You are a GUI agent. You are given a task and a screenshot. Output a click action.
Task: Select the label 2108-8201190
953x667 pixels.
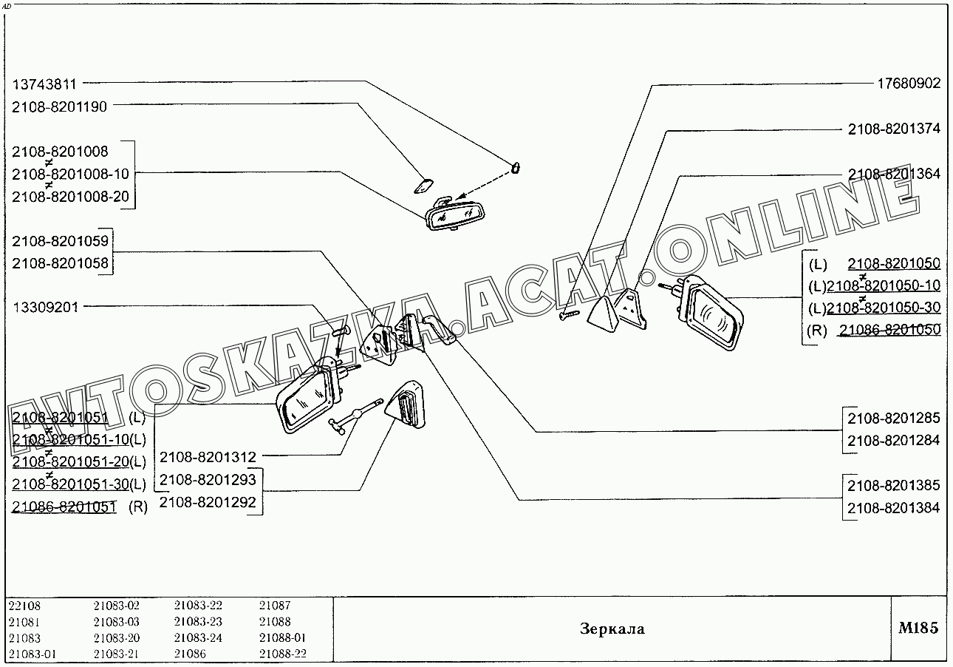[x=59, y=106]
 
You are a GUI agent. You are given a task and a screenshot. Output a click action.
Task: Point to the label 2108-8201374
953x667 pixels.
[x=894, y=129]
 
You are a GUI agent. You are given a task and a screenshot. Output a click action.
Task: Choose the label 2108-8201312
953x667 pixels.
[x=208, y=457]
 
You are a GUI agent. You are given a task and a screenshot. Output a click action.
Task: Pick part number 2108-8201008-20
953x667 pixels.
[x=70, y=197]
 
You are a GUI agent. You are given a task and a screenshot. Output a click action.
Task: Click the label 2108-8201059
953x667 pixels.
[x=60, y=241]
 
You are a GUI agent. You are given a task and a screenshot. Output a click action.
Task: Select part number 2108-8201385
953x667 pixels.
[x=893, y=486]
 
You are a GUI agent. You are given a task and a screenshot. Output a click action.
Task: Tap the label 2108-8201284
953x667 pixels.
[x=893, y=441]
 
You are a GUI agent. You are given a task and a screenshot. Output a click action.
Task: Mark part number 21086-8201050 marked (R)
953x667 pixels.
[x=889, y=330]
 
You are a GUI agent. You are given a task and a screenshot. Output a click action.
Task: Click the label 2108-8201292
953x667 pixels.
[x=208, y=502]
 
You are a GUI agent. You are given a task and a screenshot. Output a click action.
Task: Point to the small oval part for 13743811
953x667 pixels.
[x=516, y=167]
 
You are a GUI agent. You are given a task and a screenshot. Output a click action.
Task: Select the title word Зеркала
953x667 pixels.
[x=612, y=629]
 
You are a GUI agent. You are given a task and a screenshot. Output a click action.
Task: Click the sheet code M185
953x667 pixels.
[x=918, y=629]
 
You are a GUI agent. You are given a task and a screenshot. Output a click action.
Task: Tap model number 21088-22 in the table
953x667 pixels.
[x=282, y=654]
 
